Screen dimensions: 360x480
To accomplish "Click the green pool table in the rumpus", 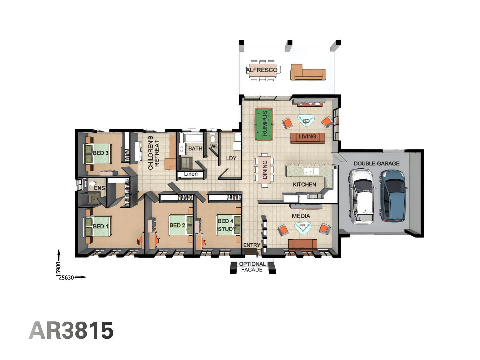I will [264, 124].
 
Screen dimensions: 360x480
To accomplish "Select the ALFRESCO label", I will [262, 70].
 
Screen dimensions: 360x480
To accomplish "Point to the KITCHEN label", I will [304, 184].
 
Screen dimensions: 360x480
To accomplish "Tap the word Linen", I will [191, 174].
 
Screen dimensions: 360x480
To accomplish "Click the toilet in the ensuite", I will [92, 184].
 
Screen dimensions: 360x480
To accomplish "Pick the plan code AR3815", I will [71, 330].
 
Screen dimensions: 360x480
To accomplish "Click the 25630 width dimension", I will [66, 277].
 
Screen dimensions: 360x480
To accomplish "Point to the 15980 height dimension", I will [58, 268].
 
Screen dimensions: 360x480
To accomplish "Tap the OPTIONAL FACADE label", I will [252, 267].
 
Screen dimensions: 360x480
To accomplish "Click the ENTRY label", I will [252, 245].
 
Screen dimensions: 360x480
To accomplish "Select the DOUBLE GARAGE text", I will [376, 163].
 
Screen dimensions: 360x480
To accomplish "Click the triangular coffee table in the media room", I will [303, 227].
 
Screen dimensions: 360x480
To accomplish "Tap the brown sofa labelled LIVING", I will [307, 137].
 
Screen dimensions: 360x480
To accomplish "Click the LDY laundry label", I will [231, 158].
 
